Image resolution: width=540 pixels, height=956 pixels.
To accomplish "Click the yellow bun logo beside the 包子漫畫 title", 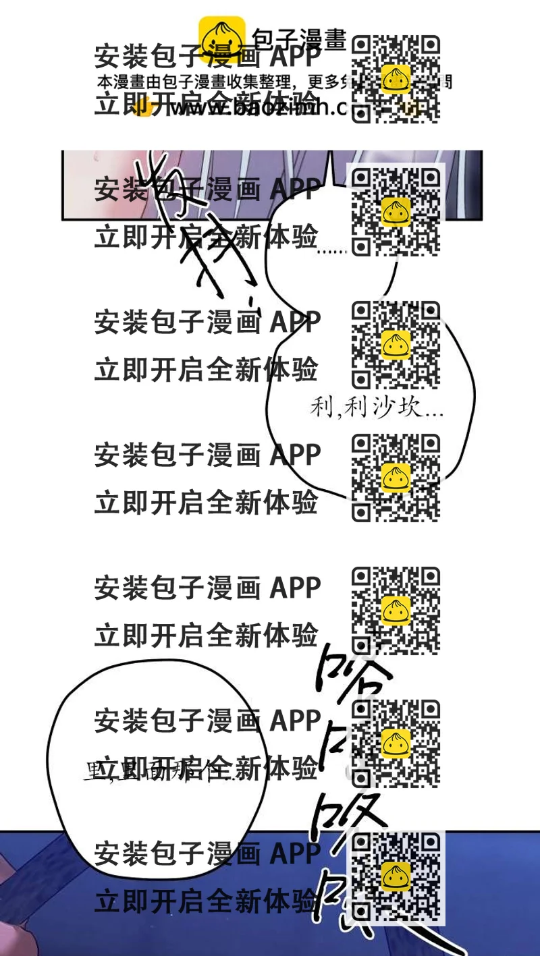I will pyautogui.click(x=221, y=39).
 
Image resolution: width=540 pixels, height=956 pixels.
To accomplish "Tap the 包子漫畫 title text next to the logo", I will pyautogui.click(x=298, y=39).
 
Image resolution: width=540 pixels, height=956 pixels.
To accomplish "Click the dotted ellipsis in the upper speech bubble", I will pyautogui.click(x=331, y=252).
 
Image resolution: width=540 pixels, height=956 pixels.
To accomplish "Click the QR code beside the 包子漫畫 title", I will pyautogui.click(x=396, y=79).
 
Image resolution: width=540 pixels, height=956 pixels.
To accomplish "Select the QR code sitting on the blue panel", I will pyautogui.click(x=396, y=876).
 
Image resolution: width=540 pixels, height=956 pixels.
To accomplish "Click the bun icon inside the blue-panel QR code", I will pyautogui.click(x=396, y=876).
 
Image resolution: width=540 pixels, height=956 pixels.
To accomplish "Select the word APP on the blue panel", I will pyautogui.click(x=296, y=854).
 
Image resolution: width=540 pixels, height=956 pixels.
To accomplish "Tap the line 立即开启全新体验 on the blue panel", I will pyautogui.click(x=206, y=901).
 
